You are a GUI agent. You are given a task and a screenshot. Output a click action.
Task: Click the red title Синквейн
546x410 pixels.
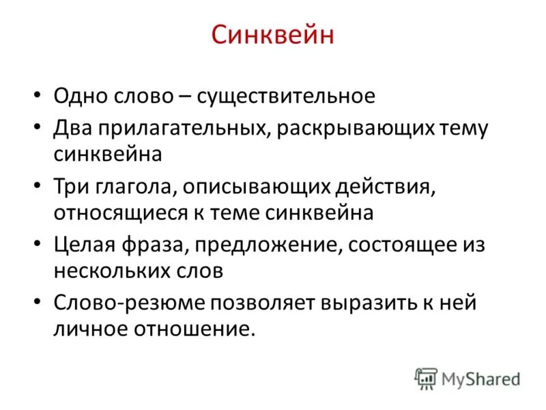pyautogui.click(x=272, y=35)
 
